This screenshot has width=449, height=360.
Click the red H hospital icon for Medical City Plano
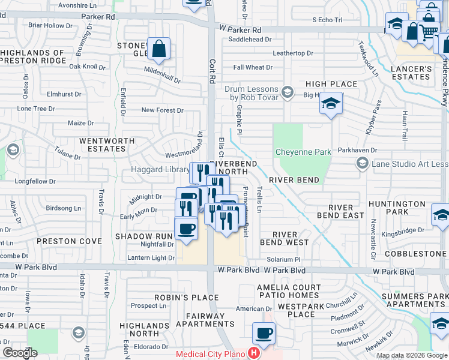coord(255,354)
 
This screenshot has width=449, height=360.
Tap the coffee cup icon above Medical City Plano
coord(264,333)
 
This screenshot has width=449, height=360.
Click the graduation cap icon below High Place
coord(330,104)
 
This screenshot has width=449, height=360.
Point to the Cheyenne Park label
coord(303,152)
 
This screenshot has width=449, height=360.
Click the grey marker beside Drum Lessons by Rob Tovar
coord(288,92)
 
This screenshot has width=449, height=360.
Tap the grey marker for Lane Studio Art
coord(362,163)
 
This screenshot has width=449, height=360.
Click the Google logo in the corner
coord(19,353)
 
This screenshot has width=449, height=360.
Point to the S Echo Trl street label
coord(327,20)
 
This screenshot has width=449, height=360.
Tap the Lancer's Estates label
coord(411,73)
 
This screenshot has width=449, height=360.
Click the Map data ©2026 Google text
coord(412,355)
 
